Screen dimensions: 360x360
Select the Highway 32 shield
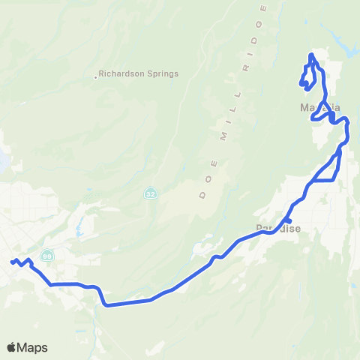click(x=151, y=193)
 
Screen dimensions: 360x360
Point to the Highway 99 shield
click(x=47, y=255)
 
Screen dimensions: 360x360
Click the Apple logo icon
click(x=12, y=346)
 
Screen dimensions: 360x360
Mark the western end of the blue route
click(x=11, y=262)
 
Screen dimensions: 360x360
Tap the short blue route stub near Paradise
click(x=289, y=220)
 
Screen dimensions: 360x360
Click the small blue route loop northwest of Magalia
click(x=306, y=77)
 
